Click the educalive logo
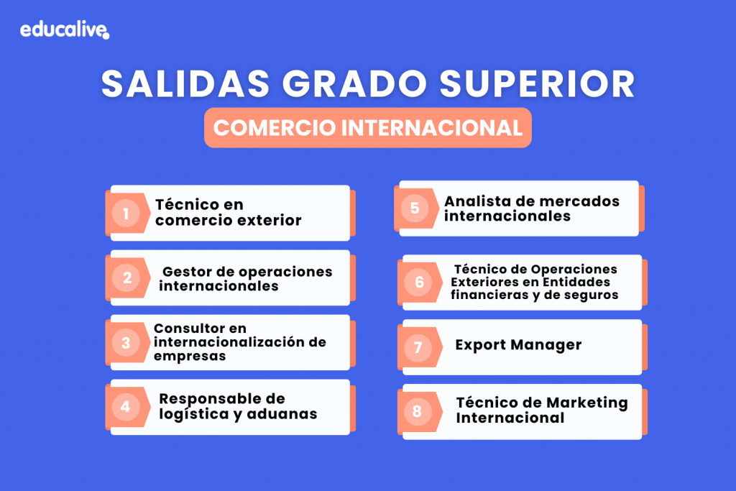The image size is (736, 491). pyautogui.click(x=65, y=30)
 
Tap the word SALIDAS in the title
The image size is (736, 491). pyautogui.click(x=185, y=83)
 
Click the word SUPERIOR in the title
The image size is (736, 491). pyautogui.click(x=537, y=83)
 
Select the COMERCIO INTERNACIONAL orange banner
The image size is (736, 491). pyautogui.click(x=368, y=128)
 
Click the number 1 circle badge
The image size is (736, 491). pyautogui.click(x=126, y=214)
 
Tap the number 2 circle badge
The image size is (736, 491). pyautogui.click(x=126, y=278)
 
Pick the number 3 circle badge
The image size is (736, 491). pyautogui.click(x=126, y=343)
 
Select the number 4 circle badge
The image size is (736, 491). pyautogui.click(x=125, y=406)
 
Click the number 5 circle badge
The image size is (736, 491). pyautogui.click(x=415, y=208)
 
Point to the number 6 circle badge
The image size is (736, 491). pyautogui.click(x=419, y=282)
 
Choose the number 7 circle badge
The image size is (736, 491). pyautogui.click(x=418, y=347)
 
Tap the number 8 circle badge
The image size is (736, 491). pyautogui.click(x=417, y=412)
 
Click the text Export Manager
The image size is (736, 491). pyautogui.click(x=518, y=345)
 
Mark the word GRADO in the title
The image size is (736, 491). pyautogui.click(x=354, y=83)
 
